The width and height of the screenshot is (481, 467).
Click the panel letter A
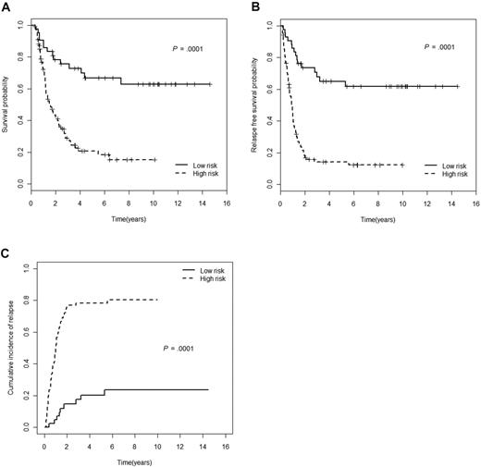[x=6, y=6]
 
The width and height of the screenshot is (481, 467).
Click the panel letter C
[x=6, y=248]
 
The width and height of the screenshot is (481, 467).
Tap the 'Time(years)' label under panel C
[x=126, y=459]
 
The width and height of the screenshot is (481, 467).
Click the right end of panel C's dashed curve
[x=157, y=299]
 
